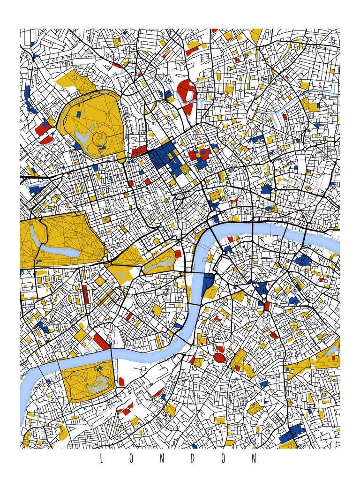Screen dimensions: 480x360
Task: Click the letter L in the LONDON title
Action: pyautogui.click(x=101, y=458)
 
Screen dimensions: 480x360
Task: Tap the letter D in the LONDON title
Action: pyautogui.click(x=193, y=458)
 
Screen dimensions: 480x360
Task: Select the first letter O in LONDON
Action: pyautogui.click(x=131, y=458)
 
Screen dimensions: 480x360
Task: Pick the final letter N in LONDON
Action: pyautogui.click(x=255, y=458)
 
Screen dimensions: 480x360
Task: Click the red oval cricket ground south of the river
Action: pyautogui.click(x=219, y=358)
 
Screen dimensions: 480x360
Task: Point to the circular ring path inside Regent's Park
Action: pyautogui.click(x=99, y=138)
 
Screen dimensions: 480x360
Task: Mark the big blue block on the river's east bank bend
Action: pyautogui.click(x=208, y=284)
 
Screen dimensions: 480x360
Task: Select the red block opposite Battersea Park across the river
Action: pyautogui.click(x=100, y=341)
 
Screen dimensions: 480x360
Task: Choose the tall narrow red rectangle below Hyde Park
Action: pyautogui.click(x=85, y=294)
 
